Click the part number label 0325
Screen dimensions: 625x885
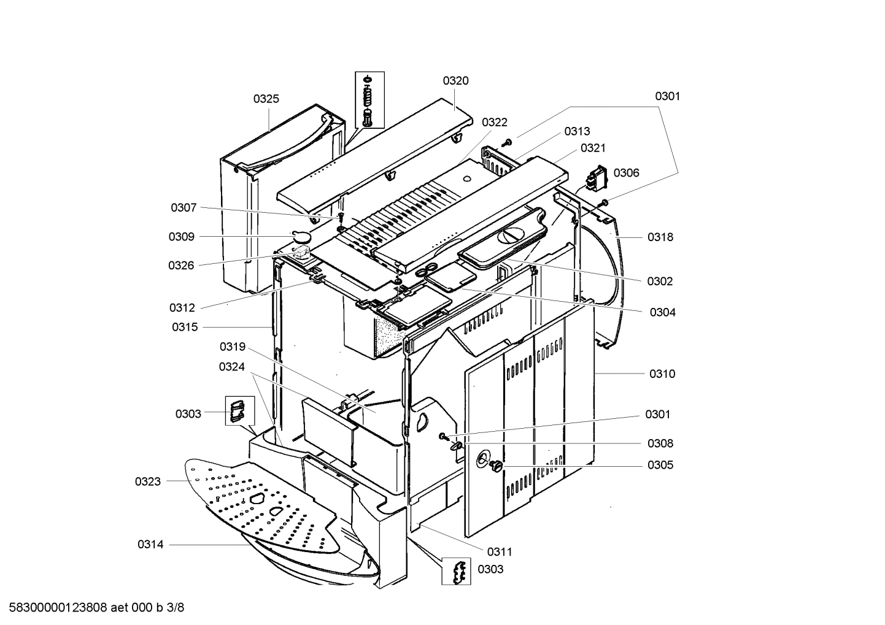pos(266,99)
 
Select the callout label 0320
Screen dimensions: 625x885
pos(455,80)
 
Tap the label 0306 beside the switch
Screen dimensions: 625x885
pos(626,172)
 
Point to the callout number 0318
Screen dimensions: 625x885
pos(660,237)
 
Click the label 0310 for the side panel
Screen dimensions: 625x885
pos(662,374)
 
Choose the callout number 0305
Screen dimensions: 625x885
pos(660,465)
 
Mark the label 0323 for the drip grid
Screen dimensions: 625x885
pos(148,481)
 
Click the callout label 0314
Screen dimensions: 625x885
pos(150,544)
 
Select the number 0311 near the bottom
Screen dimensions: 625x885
pos(500,551)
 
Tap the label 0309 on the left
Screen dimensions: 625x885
pos(182,237)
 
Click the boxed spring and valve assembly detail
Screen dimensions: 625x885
pos(369,99)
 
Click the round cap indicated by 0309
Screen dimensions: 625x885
pos(301,236)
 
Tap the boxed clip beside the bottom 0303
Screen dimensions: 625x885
pos(456,570)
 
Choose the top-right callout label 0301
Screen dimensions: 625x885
pos(667,96)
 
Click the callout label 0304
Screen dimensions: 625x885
pos(662,312)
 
